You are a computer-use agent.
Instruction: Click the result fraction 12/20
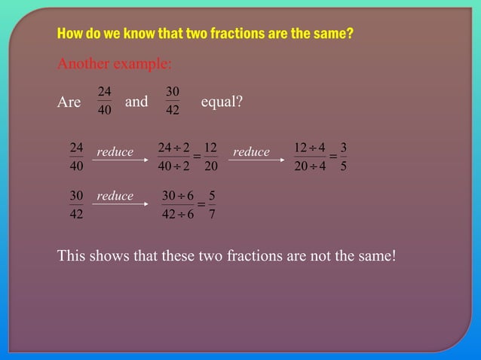pos(211,156)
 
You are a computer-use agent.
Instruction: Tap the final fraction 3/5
pos(344,156)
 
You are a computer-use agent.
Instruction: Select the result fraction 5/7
pos(212,204)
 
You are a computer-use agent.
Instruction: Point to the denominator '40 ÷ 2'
pos(173,166)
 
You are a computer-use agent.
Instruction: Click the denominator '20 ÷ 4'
pos(310,166)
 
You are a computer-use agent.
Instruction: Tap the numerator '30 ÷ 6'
pos(178,195)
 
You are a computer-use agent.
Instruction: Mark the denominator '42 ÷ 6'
pos(178,214)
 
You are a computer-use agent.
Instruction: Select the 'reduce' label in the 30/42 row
pos(115,196)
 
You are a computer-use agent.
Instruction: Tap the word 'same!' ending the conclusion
pos(375,256)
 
